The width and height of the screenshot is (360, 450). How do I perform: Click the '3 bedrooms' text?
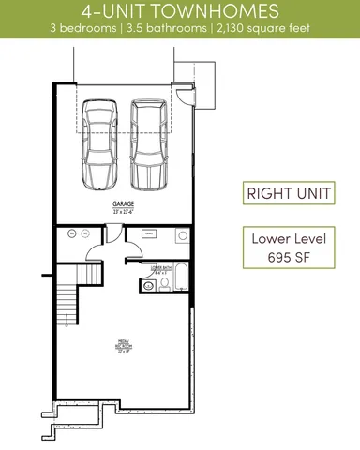click(99, 29)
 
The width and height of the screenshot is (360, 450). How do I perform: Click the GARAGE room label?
click(123, 202)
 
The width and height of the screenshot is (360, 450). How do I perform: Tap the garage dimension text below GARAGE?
click(123, 209)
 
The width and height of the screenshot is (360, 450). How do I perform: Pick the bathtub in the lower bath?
click(180, 277)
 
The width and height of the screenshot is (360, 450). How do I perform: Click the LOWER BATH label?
click(160, 268)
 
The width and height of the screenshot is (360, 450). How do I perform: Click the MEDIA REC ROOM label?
click(123, 346)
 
